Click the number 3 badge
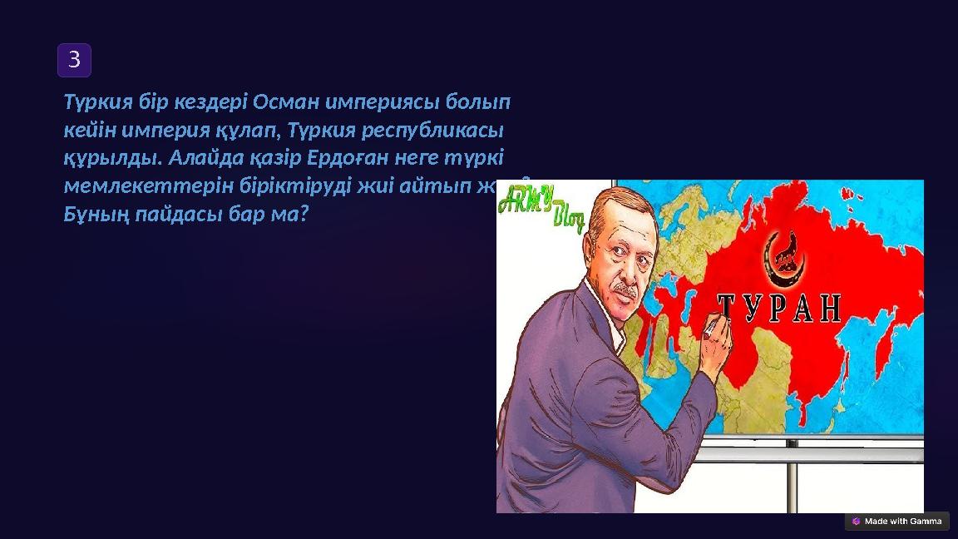pos(74,60)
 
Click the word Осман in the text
pos(285,102)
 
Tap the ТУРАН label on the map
pos(778,308)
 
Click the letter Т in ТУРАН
pos(727,308)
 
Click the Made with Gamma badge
pos(896,521)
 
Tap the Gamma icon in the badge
pos(857,521)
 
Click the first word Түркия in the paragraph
pos(96,102)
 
